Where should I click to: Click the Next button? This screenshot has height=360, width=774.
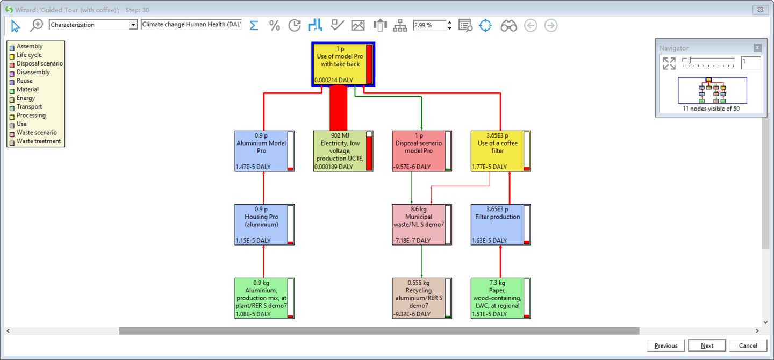tap(707, 345)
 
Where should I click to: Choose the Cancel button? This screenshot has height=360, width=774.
tap(748, 345)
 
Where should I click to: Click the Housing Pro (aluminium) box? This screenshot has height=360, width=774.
tap(262, 225)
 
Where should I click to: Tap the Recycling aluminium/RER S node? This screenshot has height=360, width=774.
tap(419, 298)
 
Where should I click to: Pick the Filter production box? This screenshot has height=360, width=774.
tap(498, 225)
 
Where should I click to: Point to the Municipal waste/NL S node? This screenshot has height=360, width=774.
tap(419, 225)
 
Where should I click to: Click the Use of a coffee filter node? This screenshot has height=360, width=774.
tap(498, 151)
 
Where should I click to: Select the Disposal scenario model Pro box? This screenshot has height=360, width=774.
tap(419, 151)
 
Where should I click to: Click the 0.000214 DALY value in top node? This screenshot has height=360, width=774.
tap(334, 80)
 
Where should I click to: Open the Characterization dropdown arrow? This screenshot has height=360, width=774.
tap(133, 25)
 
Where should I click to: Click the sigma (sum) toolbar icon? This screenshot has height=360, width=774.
tap(254, 25)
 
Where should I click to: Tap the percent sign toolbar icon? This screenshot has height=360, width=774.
tap(274, 25)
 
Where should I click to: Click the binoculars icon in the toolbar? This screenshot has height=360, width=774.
tap(508, 25)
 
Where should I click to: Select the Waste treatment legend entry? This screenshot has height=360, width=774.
tap(38, 141)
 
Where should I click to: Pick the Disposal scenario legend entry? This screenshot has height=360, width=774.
tap(39, 63)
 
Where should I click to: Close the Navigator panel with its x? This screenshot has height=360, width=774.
tap(757, 48)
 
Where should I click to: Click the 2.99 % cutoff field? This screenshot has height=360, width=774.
tap(429, 25)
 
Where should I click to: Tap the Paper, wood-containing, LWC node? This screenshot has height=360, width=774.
tap(498, 298)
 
